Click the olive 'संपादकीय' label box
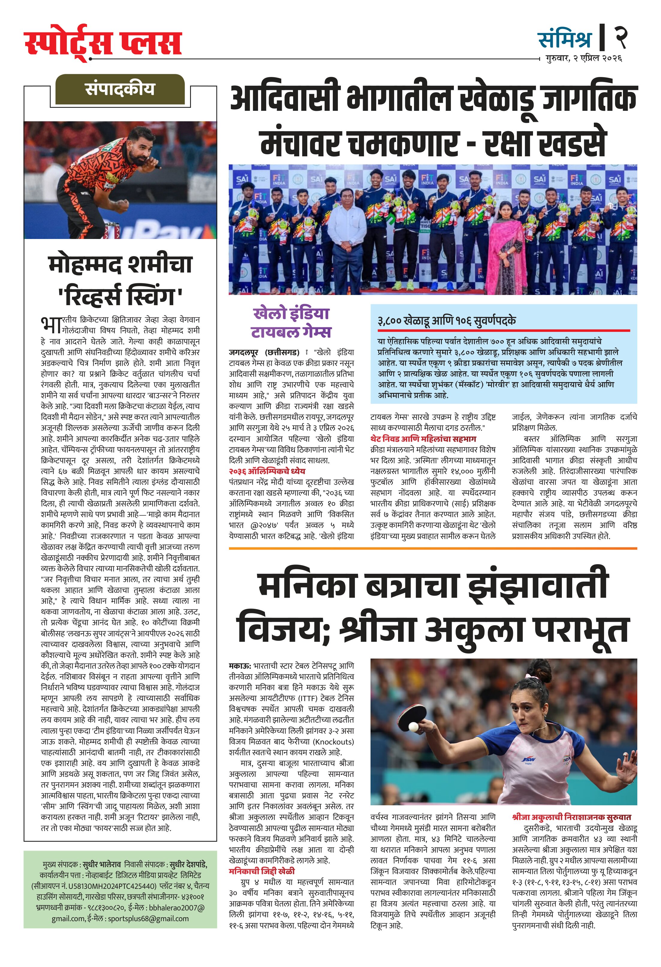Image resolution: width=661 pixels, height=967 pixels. pos(120,90)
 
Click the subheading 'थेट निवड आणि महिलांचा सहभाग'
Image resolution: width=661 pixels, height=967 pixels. pos(423,438)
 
